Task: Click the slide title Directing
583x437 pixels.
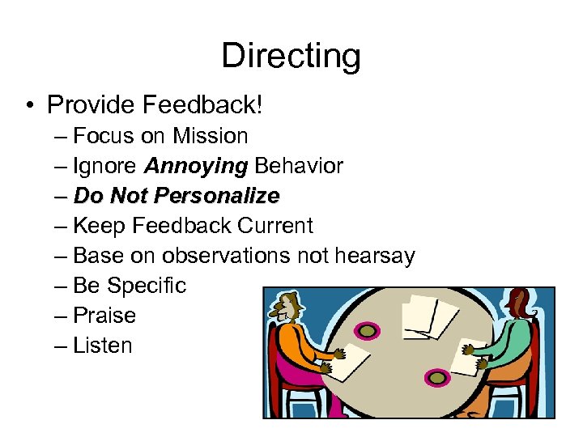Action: [291, 57]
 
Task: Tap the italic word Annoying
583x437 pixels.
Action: [195, 166]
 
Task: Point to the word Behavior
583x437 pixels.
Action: [299, 166]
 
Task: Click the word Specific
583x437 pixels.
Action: [147, 286]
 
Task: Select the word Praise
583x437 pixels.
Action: [104, 316]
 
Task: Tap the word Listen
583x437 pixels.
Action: [102, 346]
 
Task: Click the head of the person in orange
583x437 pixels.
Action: [286, 308]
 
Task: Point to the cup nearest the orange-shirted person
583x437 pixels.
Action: [368, 331]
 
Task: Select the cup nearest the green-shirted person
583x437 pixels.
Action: [438, 377]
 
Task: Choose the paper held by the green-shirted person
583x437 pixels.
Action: [469, 356]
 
